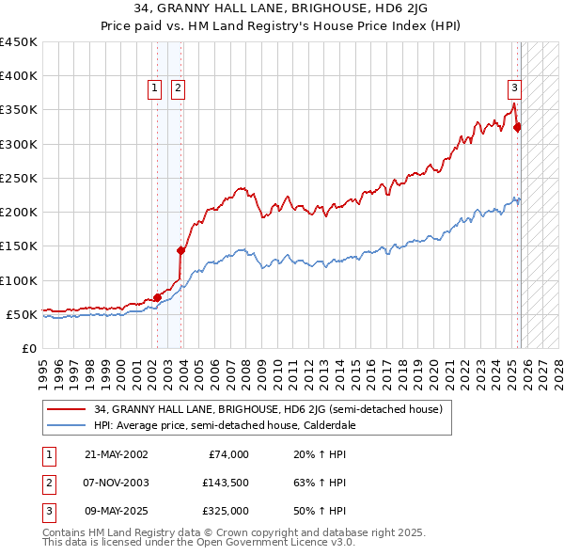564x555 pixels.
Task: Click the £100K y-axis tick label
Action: [x=19, y=280]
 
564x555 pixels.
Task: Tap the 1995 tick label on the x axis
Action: [x=43, y=368]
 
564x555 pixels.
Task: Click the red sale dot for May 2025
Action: [x=517, y=127]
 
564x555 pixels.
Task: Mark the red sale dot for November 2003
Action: [x=180, y=250]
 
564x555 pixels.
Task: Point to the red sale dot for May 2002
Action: [x=157, y=297]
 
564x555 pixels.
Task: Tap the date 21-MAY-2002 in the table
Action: [x=116, y=454]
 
